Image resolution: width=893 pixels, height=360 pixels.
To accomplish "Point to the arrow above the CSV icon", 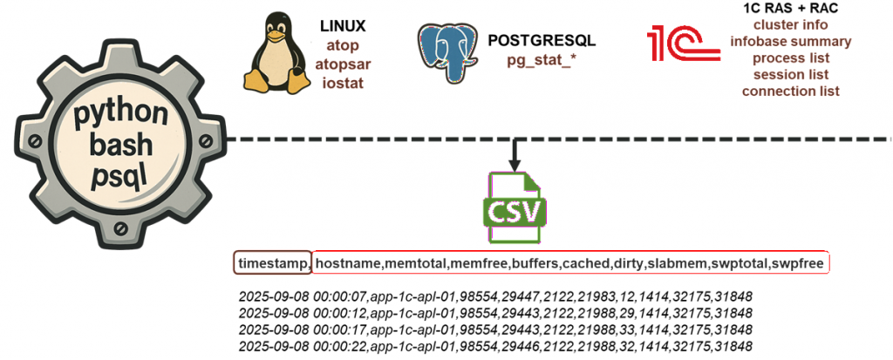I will click(515, 154).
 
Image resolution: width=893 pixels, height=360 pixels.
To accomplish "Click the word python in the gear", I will click(120, 114).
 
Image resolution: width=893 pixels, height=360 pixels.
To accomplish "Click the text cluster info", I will click(791, 24).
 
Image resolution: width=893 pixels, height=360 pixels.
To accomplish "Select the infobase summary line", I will click(791, 41).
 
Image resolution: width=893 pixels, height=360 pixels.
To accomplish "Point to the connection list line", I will click(791, 91).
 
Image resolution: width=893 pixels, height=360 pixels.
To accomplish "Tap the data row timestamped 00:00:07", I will click(494, 296).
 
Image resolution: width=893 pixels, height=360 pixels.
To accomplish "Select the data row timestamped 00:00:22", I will click(494, 346).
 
